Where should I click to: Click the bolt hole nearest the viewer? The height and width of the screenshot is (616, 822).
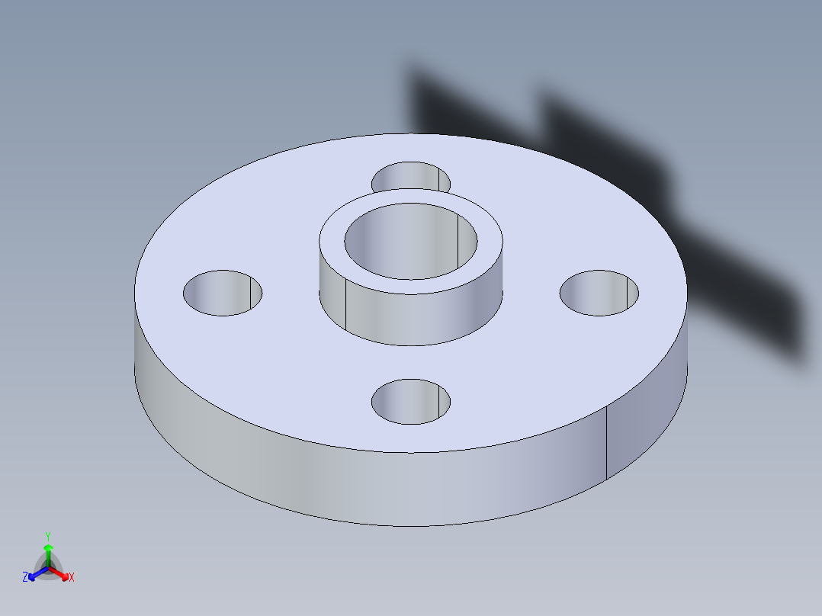click(x=410, y=402)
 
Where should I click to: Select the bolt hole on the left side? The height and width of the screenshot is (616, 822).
click(x=222, y=293)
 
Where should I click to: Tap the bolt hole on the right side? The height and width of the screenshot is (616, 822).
click(x=599, y=293)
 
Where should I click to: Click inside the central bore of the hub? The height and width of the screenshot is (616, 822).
click(x=410, y=242)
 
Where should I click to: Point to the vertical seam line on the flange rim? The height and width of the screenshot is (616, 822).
click(x=606, y=442)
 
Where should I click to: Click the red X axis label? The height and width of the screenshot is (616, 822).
click(x=72, y=578)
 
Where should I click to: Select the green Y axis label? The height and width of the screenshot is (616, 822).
click(x=47, y=535)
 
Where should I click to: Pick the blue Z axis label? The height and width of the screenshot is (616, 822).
click(x=25, y=578)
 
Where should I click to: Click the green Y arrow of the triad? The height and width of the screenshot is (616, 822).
click(x=47, y=553)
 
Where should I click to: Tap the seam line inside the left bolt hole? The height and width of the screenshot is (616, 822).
click(x=250, y=294)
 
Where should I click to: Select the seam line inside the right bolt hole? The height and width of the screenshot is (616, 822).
click(x=627, y=294)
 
